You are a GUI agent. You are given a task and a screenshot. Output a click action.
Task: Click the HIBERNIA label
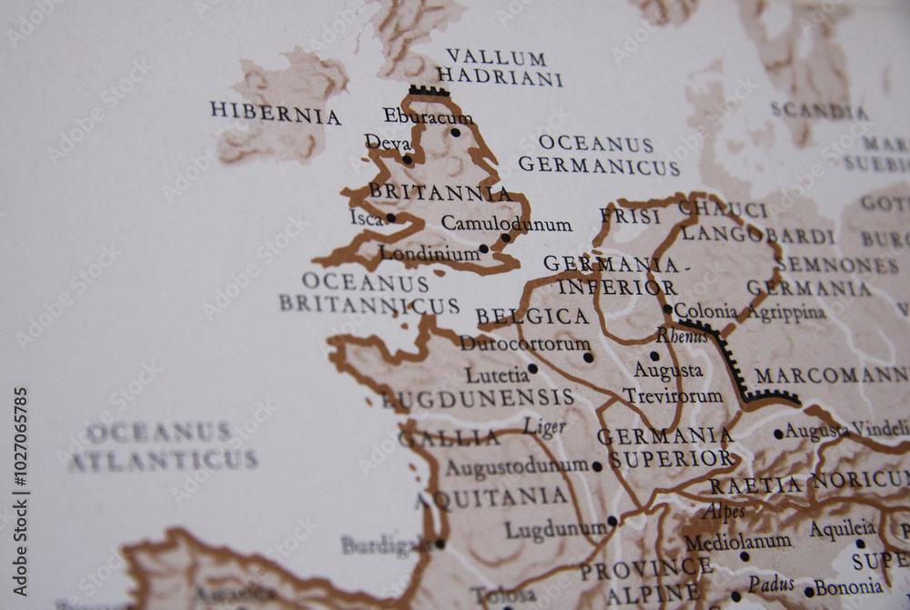click(x=275, y=114)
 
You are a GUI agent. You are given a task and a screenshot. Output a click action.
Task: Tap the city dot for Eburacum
click(x=455, y=132)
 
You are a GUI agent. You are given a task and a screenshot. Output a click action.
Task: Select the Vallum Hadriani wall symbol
click(x=429, y=91)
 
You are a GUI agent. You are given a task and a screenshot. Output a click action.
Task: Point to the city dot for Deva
click(x=407, y=159)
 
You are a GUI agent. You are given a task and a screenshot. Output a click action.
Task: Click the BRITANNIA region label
click(x=440, y=193)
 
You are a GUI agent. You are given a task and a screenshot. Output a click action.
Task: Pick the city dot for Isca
click(x=390, y=218)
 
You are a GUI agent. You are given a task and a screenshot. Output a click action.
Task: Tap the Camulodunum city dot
click(x=506, y=238)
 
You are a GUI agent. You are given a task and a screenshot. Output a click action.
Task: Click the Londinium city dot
click(x=483, y=248)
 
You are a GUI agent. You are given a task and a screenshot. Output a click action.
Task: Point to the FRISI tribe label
click(x=630, y=217)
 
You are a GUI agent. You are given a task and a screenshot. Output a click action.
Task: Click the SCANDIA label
click(x=819, y=111)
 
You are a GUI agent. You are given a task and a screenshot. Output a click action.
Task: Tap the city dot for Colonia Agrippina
click(x=667, y=309)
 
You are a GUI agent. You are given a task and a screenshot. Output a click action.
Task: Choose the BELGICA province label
click(x=532, y=317)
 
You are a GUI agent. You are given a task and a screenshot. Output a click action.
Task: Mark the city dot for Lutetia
click(x=532, y=369)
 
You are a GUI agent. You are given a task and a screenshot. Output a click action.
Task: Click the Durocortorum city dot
click(x=588, y=357)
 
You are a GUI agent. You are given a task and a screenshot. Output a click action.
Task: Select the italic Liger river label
click(x=544, y=427)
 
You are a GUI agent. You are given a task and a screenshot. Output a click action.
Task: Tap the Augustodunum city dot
click(x=597, y=466)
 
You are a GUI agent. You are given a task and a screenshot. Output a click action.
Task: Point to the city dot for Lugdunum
click(x=612, y=522)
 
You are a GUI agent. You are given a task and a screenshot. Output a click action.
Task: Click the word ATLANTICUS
click(x=163, y=461)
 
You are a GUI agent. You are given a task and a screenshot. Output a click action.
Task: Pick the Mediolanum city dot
click(x=744, y=556)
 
